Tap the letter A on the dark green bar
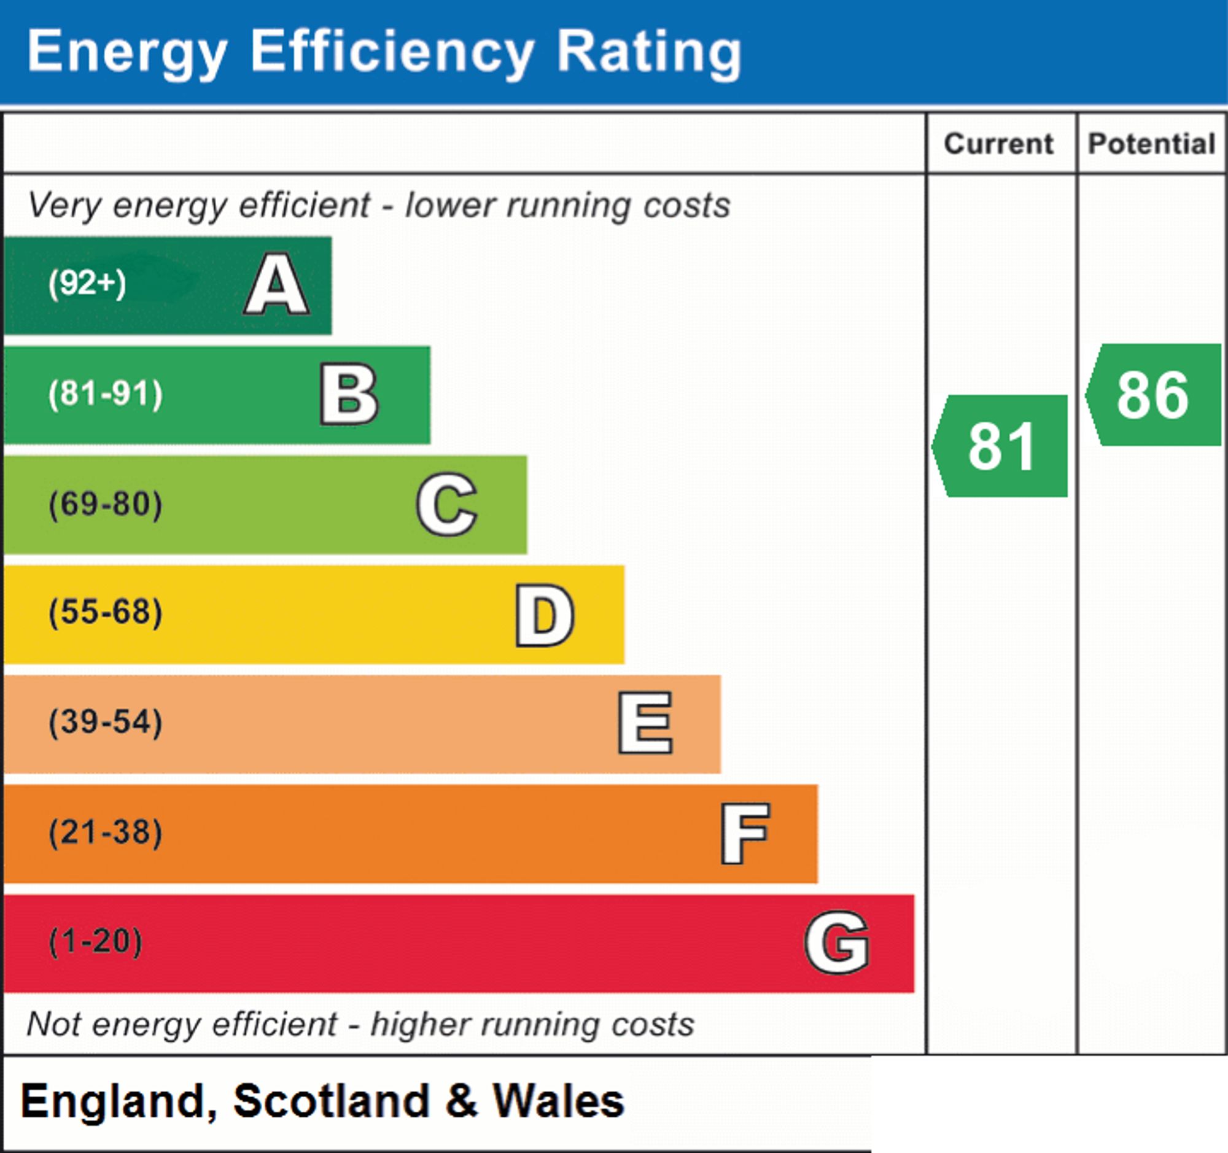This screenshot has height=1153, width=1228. click(x=277, y=285)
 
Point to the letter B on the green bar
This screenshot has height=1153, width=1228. click(x=349, y=394)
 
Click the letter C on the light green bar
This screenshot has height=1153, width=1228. click(x=446, y=504)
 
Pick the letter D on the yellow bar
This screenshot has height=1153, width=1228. click(x=545, y=615)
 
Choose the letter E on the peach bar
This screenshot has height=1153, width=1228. click(x=645, y=723)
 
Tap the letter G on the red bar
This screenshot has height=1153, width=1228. click(x=837, y=942)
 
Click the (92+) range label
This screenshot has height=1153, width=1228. click(x=87, y=284)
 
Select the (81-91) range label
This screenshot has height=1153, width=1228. click(x=106, y=394)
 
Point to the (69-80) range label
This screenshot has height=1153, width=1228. click(x=106, y=504)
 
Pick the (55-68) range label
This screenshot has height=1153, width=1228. click(x=106, y=613)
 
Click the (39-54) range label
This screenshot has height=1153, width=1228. click(x=106, y=722)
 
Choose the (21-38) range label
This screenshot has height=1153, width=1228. click(x=106, y=832)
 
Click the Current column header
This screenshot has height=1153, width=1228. click(x=999, y=144)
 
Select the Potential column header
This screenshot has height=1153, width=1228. click(x=1152, y=144)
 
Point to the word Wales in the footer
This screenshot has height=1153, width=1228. click(x=558, y=1101)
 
